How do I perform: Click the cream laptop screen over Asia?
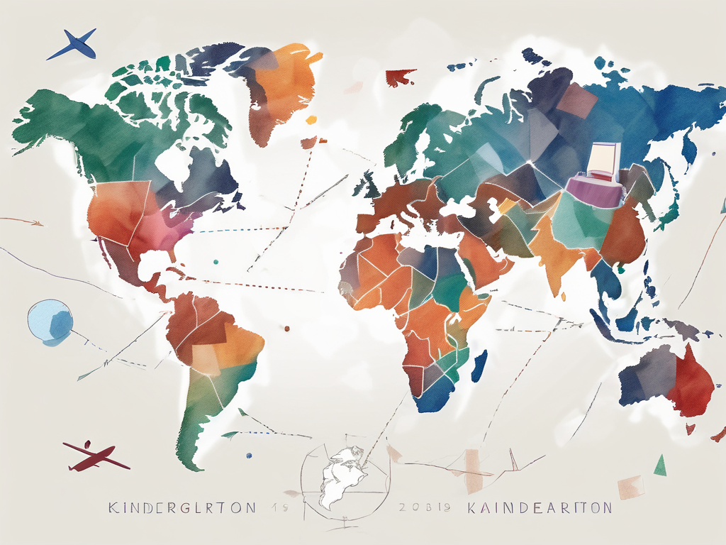click(x=605, y=157)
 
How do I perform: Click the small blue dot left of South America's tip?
click(x=247, y=454)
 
